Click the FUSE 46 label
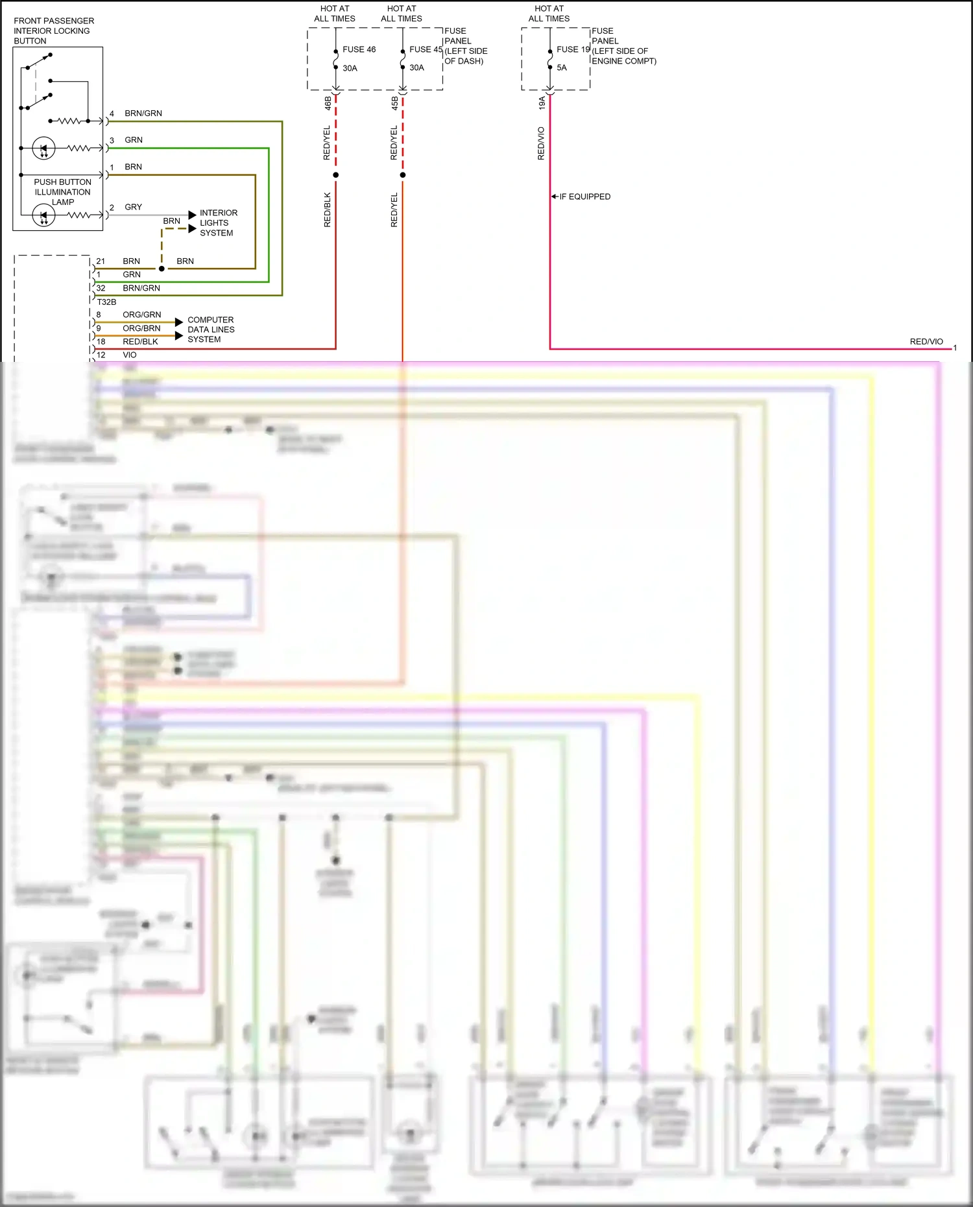tap(359, 49)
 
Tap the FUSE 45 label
tap(426, 49)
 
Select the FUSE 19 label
tap(573, 49)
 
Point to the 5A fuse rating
tap(562, 67)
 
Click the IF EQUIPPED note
tap(584, 197)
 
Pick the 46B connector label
tap(328, 102)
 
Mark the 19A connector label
tap(542, 102)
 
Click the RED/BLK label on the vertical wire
tap(328, 209)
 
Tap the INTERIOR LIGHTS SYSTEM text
tap(218, 222)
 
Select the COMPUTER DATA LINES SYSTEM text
tap(211, 329)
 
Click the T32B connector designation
tap(106, 302)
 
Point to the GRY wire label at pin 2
tap(133, 207)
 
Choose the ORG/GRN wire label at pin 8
tap(141, 315)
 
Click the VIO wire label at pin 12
tap(130, 355)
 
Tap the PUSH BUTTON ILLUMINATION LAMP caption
tap(62, 192)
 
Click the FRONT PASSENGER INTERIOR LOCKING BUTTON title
tap(53, 30)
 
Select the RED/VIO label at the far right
tap(926, 341)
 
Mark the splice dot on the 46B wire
tap(335, 175)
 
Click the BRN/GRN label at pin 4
tap(143, 114)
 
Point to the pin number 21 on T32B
tap(101, 261)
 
